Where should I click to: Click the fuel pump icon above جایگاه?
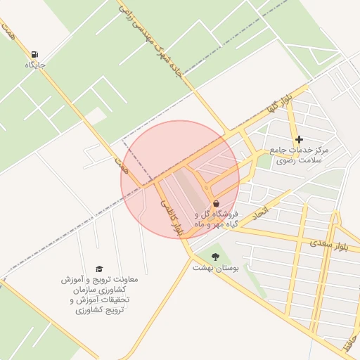(x=34, y=53)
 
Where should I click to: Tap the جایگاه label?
(x=34, y=65)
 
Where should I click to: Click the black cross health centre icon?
(x=299, y=139)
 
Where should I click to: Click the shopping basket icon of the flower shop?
(x=215, y=202)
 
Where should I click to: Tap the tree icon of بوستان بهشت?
(x=215, y=257)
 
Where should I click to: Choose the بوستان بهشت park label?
(x=216, y=268)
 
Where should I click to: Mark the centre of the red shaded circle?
(x=180, y=179)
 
